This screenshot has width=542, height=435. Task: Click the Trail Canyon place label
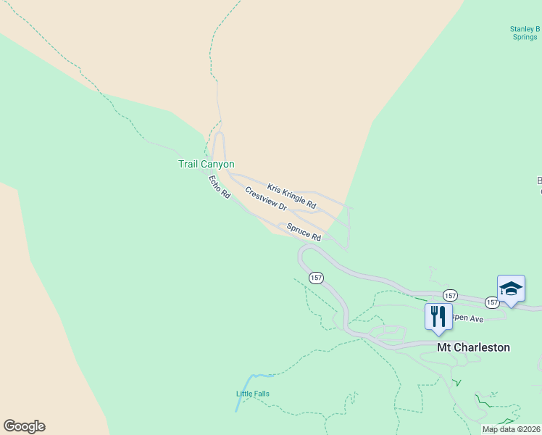tap(207, 165)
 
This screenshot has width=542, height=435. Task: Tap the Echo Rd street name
tap(219, 187)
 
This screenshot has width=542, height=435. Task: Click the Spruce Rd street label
tap(304, 232)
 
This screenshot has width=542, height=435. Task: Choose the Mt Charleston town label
tap(473, 347)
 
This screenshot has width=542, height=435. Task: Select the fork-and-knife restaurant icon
tap(438, 317)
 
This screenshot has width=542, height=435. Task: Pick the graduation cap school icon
tap(511, 288)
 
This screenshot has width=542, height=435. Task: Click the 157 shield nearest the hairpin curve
tap(315, 278)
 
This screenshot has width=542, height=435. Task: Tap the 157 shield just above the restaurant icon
tap(450, 295)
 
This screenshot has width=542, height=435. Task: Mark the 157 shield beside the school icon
tap(492, 302)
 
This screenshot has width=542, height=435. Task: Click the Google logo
tap(24, 426)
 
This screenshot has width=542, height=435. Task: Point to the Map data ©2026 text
tap(511, 429)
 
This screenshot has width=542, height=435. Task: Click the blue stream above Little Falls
tap(246, 384)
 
